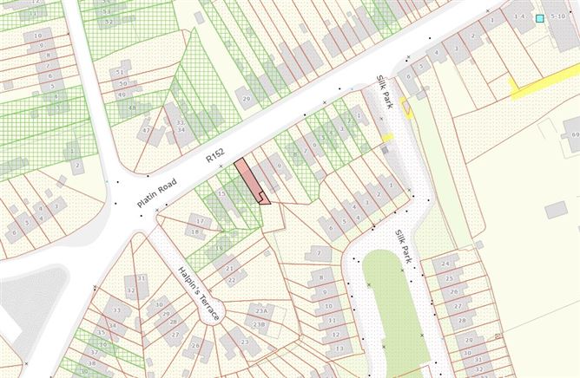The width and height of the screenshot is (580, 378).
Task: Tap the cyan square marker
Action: coord(540,18)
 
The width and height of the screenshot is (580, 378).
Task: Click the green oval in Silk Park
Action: coord(395,303)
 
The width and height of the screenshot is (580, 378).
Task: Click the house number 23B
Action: coord(259,323)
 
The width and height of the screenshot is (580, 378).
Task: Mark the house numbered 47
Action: coord(147,132)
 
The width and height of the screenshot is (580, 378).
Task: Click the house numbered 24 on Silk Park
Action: coord(446,262)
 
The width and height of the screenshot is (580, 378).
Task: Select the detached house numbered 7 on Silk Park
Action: coord(318,252)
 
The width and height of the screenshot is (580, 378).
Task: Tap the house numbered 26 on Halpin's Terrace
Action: coord(196,346)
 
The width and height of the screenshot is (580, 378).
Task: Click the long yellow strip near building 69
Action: coord(543,82)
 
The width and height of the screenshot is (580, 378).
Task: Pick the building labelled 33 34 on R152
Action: coord(181,127)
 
